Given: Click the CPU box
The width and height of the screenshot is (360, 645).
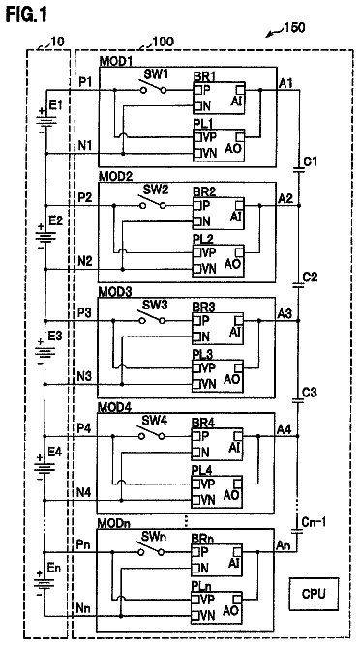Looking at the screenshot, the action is pos(314,594).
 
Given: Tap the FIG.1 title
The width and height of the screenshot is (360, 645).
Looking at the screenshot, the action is pos(27,15).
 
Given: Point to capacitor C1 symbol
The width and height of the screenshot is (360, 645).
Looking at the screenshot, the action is pos(299,169).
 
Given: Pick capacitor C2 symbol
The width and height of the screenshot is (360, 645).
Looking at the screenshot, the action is pos(298,285).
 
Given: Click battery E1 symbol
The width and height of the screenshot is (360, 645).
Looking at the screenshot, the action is pos(45,119).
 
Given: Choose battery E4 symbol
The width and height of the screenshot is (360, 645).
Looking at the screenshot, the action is pos(44,467).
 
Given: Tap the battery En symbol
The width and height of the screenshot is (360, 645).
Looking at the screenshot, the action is pos(44,583).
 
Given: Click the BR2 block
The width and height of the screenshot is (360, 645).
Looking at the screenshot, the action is pos(219,213).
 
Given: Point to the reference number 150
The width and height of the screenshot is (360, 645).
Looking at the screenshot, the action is pos(294,28).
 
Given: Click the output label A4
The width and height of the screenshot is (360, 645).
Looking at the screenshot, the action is pos(285,429).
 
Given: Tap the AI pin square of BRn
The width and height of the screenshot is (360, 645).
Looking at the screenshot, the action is pos(237,550).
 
